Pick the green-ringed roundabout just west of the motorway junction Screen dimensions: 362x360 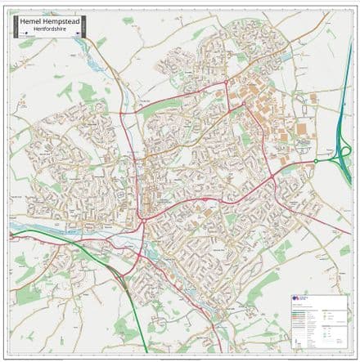pyautogui.click(x=314, y=161)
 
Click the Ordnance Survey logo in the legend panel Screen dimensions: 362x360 pyautogui.click(x=299, y=300)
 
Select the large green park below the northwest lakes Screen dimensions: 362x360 pyautogui.click(x=82, y=94)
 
